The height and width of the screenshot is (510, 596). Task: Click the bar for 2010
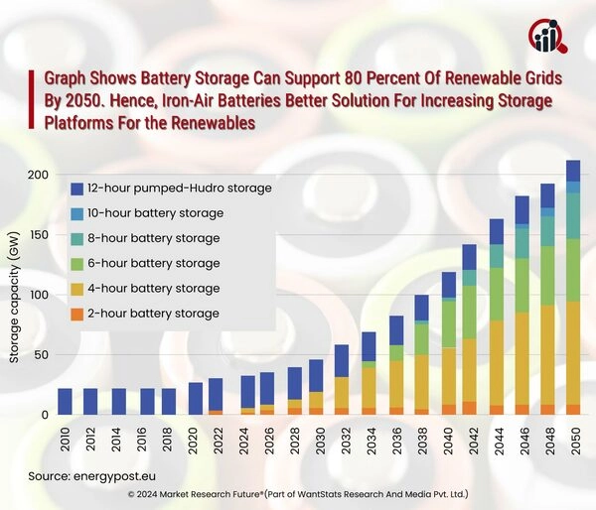(x=65, y=401)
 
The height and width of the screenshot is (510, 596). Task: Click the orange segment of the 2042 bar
(x=470, y=408)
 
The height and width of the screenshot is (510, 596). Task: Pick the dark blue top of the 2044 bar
(x=497, y=232)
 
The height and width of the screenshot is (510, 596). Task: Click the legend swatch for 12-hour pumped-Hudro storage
(x=77, y=188)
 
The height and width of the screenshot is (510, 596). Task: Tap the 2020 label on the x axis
(x=196, y=437)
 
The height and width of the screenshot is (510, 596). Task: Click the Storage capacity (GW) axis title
(x=14, y=304)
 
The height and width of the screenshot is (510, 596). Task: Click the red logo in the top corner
(x=548, y=36)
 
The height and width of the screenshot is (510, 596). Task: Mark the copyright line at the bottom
(x=298, y=493)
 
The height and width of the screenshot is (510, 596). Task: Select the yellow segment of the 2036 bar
(x=395, y=384)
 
